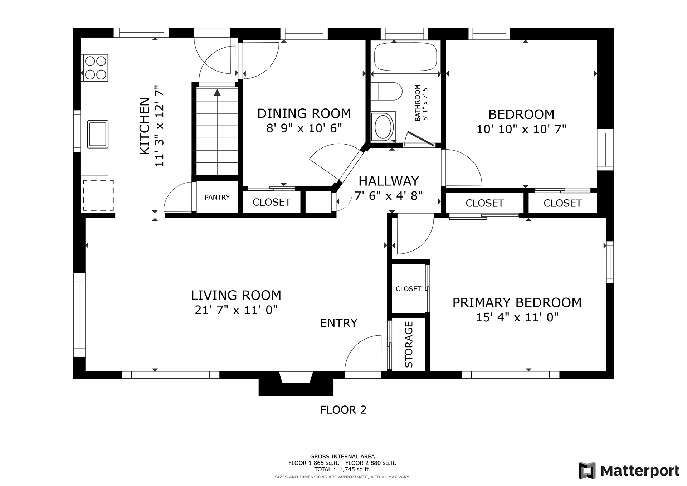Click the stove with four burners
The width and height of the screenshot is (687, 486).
95,68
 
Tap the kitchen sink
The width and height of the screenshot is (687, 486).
98,134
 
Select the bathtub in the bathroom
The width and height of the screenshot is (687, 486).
405,57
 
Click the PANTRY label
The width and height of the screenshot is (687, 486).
217,197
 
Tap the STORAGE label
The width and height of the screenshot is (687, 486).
409,344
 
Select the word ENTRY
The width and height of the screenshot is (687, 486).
338,323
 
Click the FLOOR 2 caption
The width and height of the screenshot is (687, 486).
343,410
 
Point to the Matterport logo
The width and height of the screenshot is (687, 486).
629,471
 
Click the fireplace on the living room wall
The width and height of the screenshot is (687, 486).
296,383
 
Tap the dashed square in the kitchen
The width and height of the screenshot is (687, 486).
98,195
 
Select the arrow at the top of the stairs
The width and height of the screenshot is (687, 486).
217,93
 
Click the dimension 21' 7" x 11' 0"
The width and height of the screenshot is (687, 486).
236,310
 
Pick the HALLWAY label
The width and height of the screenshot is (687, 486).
389,181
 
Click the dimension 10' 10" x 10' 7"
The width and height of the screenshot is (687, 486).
521,129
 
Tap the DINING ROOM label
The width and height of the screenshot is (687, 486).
304,113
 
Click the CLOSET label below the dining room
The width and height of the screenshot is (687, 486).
272,203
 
